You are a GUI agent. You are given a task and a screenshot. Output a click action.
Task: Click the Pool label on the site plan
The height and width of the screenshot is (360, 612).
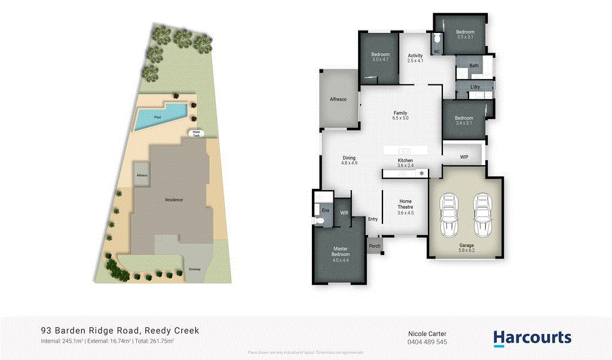tap(157, 117)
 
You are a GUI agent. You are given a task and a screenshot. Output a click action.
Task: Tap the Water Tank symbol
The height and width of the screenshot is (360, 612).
tap(196, 134)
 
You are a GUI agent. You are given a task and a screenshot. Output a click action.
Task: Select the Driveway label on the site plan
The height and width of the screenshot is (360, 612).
tap(195, 269)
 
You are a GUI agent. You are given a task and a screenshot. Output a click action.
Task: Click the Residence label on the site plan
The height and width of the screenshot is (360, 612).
tap(174, 200)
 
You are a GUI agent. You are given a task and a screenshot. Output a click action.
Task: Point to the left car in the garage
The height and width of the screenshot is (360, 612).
tap(449, 216)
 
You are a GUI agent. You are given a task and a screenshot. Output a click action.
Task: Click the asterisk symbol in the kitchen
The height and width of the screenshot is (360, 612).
tap(422, 173)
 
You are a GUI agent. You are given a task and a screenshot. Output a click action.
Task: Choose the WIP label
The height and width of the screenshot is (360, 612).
tap(464, 157)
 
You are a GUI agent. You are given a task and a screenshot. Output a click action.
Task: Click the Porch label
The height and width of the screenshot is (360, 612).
tap(375, 246)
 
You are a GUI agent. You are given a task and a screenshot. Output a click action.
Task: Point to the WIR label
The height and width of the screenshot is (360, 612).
tap(344, 212)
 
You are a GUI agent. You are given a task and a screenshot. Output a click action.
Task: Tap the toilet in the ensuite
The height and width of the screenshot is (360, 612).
tap(319, 221)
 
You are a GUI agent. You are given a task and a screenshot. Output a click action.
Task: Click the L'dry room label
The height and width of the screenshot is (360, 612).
tap(475, 87)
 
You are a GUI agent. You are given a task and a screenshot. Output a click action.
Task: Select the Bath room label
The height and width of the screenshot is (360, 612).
tap(474, 66)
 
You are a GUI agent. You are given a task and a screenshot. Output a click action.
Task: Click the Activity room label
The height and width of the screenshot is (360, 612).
tap(415, 58)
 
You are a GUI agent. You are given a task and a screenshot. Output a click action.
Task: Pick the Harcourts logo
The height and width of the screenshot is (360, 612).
tap(533, 338)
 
